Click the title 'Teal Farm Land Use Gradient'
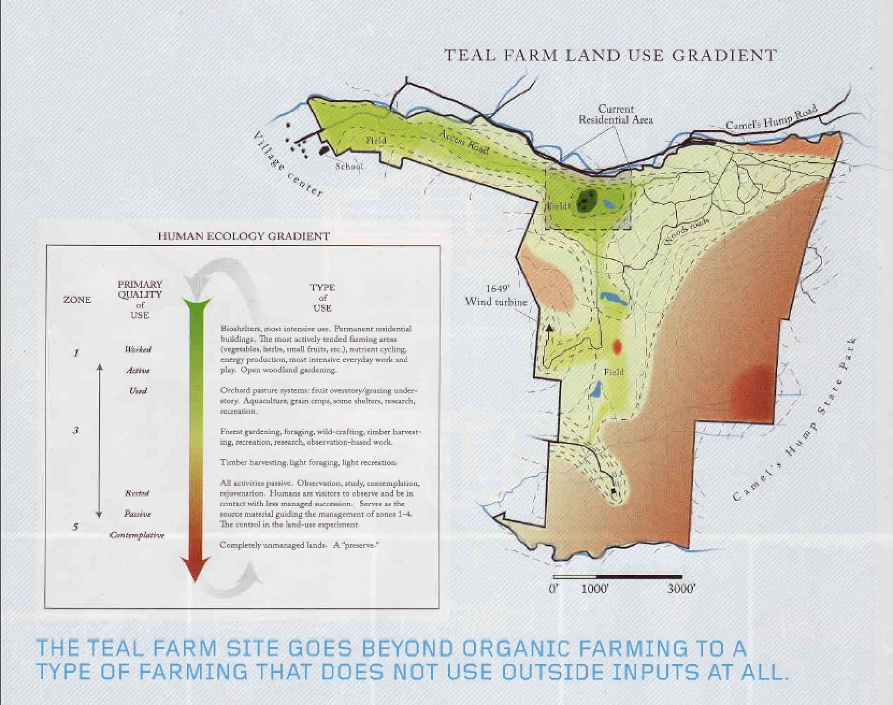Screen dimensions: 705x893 [610, 56]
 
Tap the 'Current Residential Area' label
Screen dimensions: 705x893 [616, 114]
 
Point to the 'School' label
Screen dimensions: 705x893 [349, 166]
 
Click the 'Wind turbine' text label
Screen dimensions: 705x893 [496, 301]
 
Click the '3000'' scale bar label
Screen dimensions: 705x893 [681, 588]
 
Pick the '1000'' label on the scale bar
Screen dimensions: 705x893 [595, 588]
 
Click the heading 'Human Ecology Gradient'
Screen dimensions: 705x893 [243, 236]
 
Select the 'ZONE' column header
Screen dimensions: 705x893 [77, 300]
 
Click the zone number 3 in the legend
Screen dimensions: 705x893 [76, 430]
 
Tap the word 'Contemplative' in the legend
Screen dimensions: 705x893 [137, 535]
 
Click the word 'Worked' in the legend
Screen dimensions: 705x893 [138, 350]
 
